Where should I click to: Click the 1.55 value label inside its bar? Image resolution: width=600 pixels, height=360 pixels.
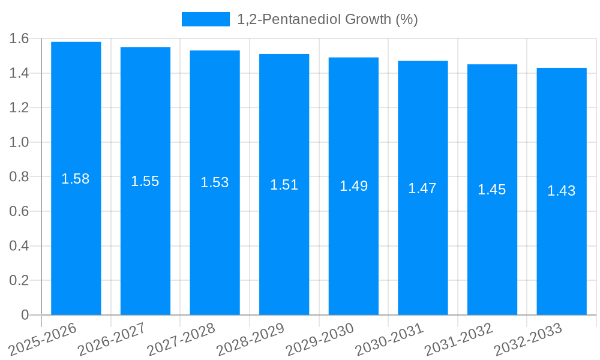point(145,181)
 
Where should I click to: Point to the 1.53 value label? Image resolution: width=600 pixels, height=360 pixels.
point(215,182)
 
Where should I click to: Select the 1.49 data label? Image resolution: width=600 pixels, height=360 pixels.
point(353,186)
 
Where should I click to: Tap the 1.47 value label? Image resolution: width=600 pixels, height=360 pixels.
point(422,188)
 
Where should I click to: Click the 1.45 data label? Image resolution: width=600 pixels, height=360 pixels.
point(492,190)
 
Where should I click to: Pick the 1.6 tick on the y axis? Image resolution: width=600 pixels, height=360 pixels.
point(19,39)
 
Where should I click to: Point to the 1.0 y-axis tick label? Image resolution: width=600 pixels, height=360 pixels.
point(19,142)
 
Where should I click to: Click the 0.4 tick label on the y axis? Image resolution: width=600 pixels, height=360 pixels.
point(19,246)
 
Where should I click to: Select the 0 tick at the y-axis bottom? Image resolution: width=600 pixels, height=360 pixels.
point(25,315)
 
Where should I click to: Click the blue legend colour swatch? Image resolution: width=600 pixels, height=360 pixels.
point(206,19)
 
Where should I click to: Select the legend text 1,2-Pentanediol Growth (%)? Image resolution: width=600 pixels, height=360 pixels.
point(327,19)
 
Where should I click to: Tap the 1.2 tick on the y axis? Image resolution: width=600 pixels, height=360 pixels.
point(19,108)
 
